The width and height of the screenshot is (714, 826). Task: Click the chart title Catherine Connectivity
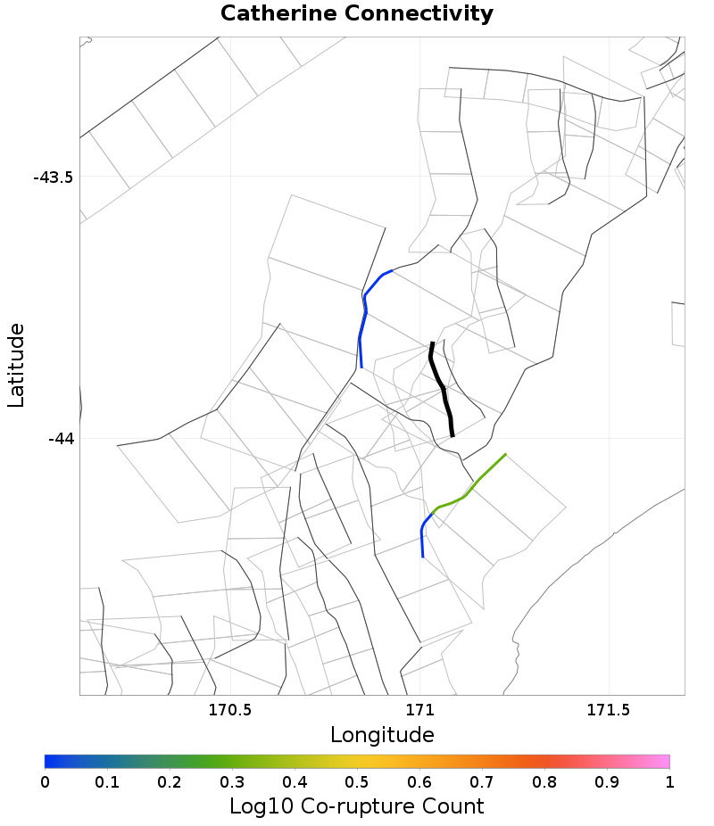356,14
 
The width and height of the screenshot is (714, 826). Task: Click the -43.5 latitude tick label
53,177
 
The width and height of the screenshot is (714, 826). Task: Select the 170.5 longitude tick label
229,710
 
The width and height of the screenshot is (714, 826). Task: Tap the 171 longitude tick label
419,710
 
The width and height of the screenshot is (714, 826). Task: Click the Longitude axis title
382,735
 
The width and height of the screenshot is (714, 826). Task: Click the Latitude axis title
16,366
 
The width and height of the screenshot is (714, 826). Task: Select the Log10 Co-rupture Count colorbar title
356,806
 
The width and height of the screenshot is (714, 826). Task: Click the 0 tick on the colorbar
45,781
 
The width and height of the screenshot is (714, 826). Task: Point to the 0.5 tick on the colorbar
357,781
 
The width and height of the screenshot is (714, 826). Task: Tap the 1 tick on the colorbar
669,781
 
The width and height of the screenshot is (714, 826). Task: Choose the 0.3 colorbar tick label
232,781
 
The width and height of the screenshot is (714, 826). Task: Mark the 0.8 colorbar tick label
544,781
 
